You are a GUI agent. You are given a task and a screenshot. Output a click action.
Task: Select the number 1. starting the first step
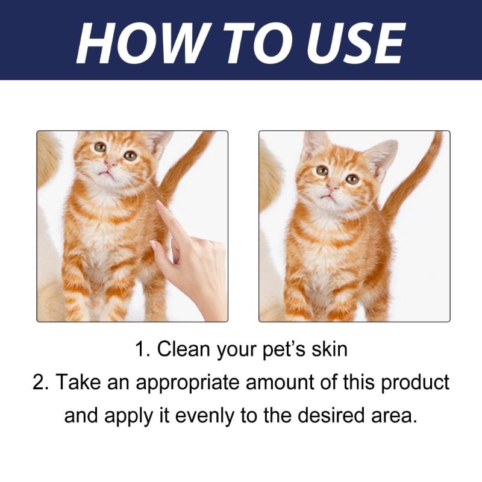[x=142, y=349]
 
